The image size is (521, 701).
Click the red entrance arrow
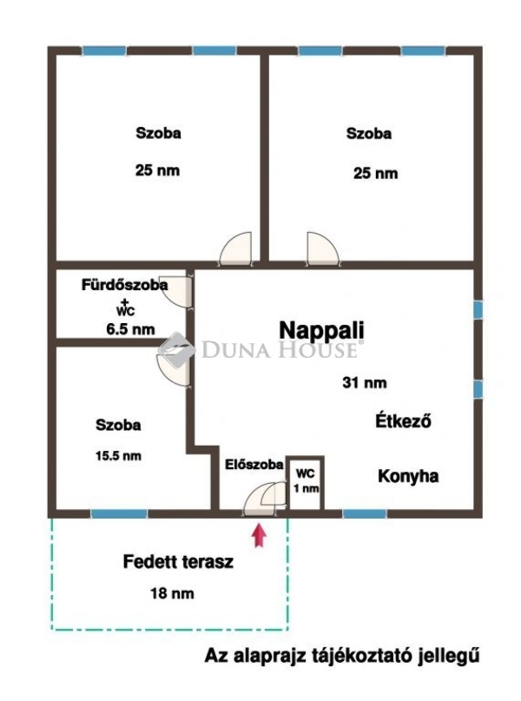(x=259, y=535)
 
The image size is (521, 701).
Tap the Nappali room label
(x=321, y=330)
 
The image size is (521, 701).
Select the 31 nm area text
(x=365, y=383)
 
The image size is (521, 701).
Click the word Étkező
(x=403, y=421)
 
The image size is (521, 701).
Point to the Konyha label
(x=408, y=476)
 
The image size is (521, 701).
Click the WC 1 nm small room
(x=306, y=483)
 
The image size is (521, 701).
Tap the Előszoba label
(x=254, y=465)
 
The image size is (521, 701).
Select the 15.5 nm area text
(x=118, y=456)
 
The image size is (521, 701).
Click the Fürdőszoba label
(x=125, y=284)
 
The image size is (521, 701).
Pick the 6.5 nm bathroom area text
(x=130, y=330)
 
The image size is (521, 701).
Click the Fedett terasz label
(x=178, y=561)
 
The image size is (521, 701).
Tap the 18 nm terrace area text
(x=172, y=593)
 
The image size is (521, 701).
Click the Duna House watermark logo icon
(x=176, y=350)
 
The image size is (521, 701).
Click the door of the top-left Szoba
(x=236, y=249)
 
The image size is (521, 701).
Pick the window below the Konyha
(x=365, y=513)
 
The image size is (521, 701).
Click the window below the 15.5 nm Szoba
(x=119, y=513)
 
